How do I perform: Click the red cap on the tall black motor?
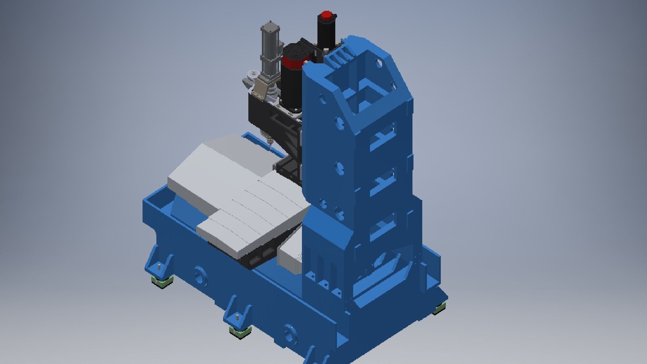click(x=326, y=16)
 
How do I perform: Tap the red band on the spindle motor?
click(x=292, y=62)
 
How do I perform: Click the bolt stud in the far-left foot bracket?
click(x=158, y=268)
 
